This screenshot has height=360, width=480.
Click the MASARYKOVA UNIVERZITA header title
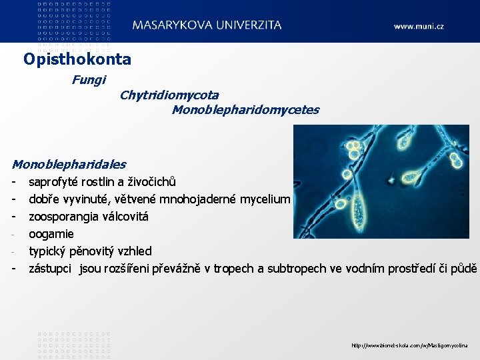coord(207,25)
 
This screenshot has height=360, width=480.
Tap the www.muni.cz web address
coord(418,27)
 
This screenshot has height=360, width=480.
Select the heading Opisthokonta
coord(77,59)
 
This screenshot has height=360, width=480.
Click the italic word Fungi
coord(89,80)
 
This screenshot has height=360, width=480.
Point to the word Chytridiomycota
coord(169,95)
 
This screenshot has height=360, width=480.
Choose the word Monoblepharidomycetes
coord(245,110)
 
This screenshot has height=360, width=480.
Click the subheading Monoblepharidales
coord(69,164)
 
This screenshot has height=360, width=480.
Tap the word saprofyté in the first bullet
coord(53,182)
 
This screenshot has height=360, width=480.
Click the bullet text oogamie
coord(51,234)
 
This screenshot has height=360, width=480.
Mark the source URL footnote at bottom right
coord(410,345)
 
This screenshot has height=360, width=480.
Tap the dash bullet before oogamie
coord(13,234)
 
